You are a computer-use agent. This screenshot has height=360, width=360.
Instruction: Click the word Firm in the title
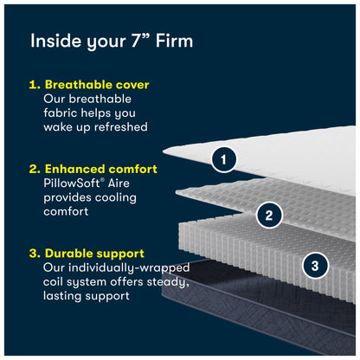tap(174, 41)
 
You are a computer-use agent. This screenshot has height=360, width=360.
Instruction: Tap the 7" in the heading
tap(140, 40)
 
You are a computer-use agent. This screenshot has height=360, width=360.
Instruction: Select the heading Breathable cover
tap(97, 85)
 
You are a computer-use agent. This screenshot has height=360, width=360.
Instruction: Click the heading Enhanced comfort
tap(101, 169)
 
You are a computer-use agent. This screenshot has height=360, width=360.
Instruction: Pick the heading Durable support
tap(94, 254)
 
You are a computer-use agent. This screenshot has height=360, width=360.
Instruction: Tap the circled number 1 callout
tap(223, 159)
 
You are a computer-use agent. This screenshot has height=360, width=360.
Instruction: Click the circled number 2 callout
tap(269, 215)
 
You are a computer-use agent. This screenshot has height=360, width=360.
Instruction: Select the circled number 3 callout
tap(315, 266)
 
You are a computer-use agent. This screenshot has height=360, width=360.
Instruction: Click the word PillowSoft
tap(72, 183)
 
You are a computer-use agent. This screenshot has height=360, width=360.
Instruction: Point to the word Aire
tap(119, 183)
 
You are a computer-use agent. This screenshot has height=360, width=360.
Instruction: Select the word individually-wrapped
tap(129, 268)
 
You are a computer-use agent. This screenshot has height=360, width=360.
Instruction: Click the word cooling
tap(116, 198)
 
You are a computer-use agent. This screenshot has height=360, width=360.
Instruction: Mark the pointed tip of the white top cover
tap(164, 151)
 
